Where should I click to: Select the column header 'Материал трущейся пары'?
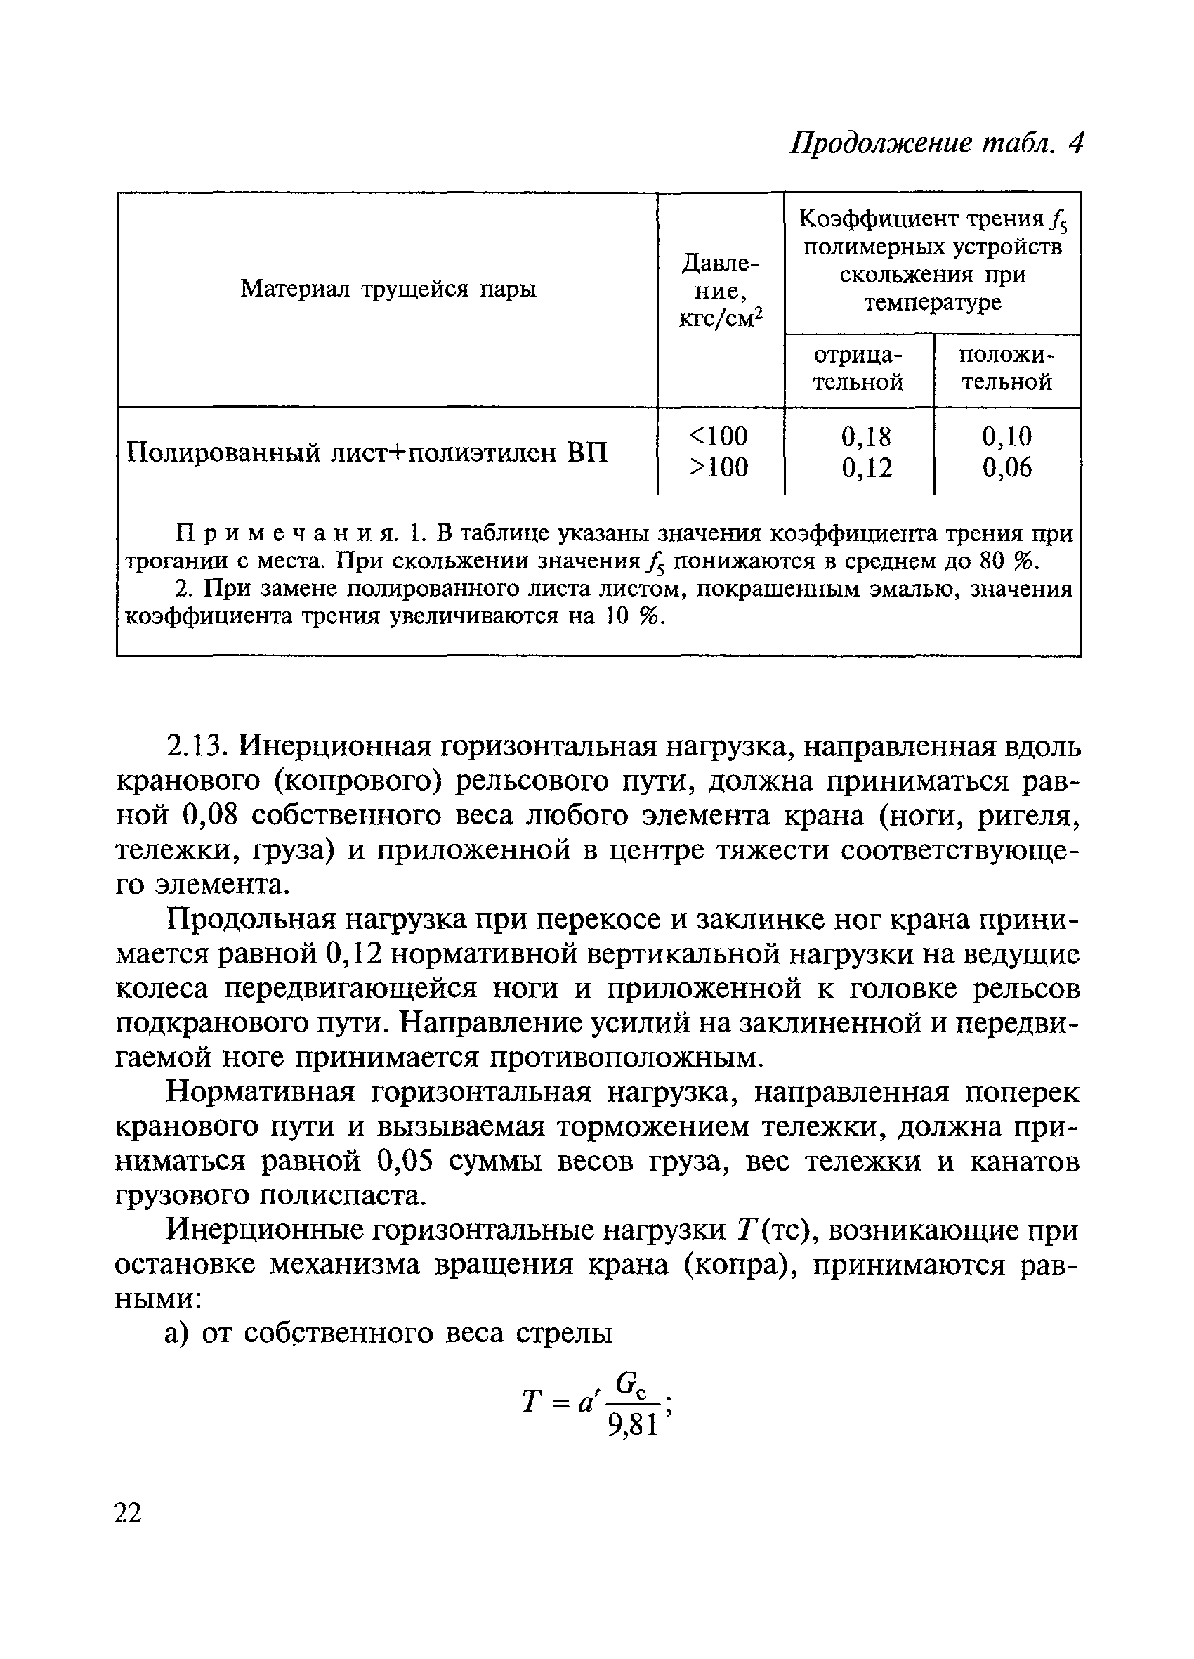pyautogui.click(x=388, y=289)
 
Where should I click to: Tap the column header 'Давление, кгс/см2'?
pyautogui.click(x=720, y=290)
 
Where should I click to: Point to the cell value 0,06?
pyautogui.click(x=1006, y=467)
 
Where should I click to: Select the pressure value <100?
pyautogui.click(x=719, y=436)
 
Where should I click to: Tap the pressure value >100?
pyautogui.click(x=719, y=467)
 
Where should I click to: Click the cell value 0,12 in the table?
pyautogui.click(x=867, y=467)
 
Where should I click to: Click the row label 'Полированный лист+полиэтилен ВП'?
pyautogui.click(x=367, y=453)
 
